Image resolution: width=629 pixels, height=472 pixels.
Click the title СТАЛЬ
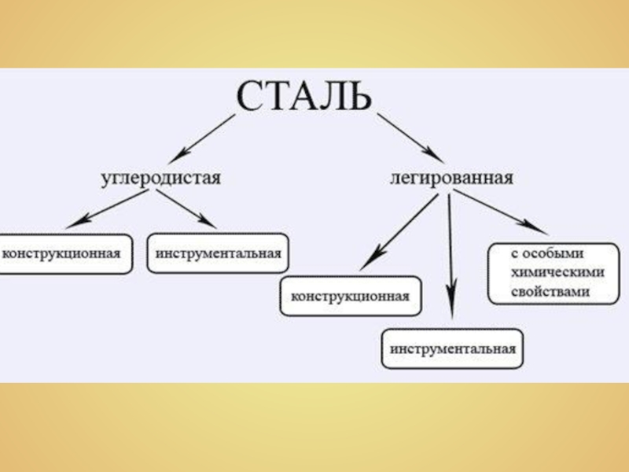[x=303, y=95]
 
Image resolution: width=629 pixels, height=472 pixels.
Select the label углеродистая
[x=161, y=177]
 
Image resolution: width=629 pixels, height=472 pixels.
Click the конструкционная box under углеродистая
[x=64, y=253]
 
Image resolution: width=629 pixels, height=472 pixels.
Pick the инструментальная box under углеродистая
[x=218, y=253]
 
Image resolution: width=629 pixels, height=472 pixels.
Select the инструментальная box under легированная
[x=452, y=348]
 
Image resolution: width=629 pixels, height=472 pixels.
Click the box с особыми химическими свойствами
[x=547, y=273]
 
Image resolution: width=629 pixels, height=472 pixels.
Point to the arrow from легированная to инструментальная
[x=450, y=252]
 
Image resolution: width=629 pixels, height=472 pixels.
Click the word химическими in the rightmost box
[x=548, y=273]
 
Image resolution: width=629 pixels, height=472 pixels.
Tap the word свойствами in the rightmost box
[x=548, y=290]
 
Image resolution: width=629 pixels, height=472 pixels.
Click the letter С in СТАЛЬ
[x=250, y=96]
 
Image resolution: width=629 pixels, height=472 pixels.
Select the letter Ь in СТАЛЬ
[x=355, y=96]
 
